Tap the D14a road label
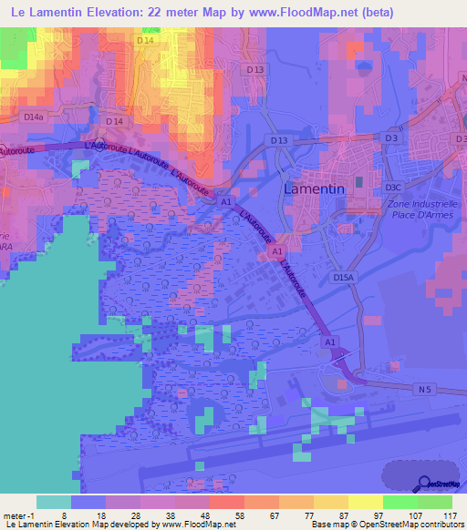33,117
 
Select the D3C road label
393,187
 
